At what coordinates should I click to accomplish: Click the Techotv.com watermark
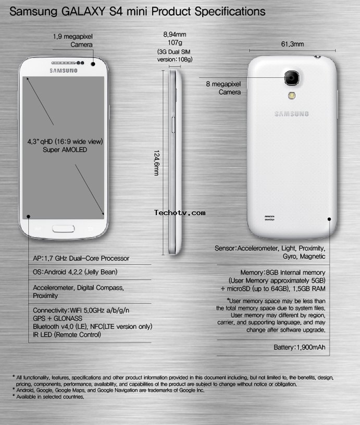[x=180, y=213]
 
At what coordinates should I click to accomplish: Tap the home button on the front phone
[x=64, y=229]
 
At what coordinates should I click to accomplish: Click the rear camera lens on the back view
[x=292, y=78]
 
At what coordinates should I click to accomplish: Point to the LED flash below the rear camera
[x=292, y=95]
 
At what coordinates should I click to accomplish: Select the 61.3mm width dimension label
[x=292, y=44]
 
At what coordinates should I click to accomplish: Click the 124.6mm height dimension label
[x=156, y=163]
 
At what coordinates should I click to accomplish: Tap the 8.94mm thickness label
[x=175, y=34]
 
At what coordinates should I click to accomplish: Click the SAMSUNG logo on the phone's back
[x=291, y=114]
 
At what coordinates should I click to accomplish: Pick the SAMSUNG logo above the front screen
[x=64, y=71]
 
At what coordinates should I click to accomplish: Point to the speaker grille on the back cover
[x=269, y=218]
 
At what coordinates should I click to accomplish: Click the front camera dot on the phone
[x=93, y=64]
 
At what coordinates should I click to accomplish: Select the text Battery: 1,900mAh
[x=299, y=347]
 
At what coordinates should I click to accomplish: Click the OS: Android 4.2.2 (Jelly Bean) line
[x=75, y=272]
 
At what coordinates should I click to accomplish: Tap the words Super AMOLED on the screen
[x=65, y=149]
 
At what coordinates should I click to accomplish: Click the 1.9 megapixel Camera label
[x=72, y=41]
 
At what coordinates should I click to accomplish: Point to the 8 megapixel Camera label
[x=223, y=88]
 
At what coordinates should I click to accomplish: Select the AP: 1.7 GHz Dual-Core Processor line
[x=81, y=258]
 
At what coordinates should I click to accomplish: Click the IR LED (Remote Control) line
[x=67, y=335]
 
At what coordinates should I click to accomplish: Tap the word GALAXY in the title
[x=83, y=11]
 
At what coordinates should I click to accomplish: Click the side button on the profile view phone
[x=173, y=124]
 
